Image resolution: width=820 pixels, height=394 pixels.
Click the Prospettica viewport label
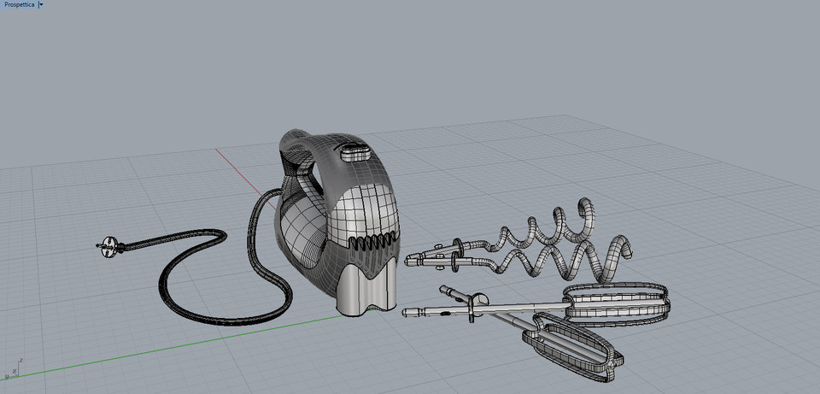19,5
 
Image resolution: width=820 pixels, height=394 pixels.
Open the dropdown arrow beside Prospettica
40,5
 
